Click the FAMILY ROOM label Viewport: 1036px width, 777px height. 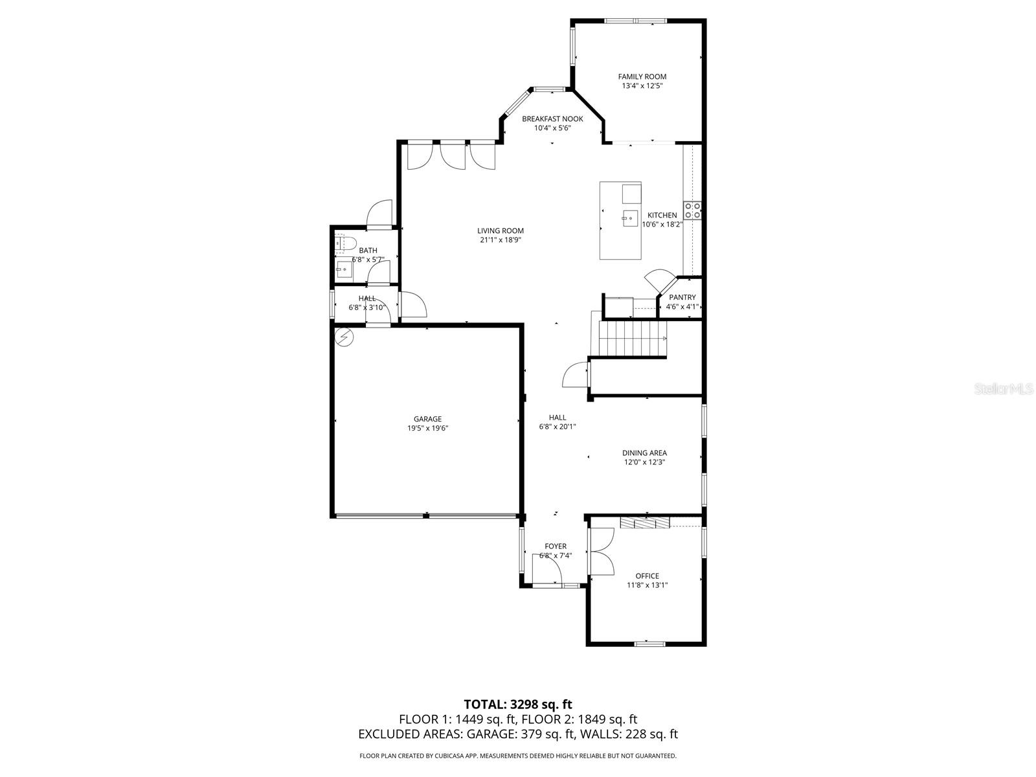[x=642, y=76]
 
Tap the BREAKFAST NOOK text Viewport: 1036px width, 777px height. [x=552, y=118]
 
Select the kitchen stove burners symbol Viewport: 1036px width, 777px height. [x=693, y=210]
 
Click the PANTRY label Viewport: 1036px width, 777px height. [x=682, y=297]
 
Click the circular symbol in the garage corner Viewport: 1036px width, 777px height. [x=344, y=337]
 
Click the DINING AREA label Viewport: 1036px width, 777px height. [x=644, y=453]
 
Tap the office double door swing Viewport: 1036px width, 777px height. [x=603, y=551]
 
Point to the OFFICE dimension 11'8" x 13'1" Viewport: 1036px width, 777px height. [x=647, y=585]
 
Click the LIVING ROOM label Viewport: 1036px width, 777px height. [x=501, y=231]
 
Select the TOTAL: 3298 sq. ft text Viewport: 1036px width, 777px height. [x=518, y=704]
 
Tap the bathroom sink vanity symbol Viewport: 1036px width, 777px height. [x=343, y=269]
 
